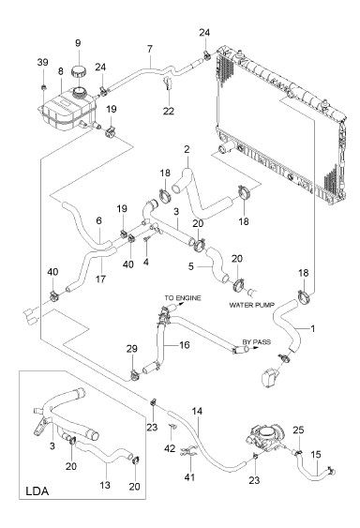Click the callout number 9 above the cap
tap(78, 43)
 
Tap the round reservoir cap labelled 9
tap(79, 71)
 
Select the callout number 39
tap(42, 62)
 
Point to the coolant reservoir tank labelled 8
tap(68, 109)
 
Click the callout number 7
tap(149, 49)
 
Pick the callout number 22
tap(169, 111)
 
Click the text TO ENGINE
tap(183, 297)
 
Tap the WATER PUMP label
tap(252, 305)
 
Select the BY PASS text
tap(257, 341)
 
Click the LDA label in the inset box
tap(37, 491)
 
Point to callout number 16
tap(184, 345)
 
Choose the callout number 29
tap(132, 349)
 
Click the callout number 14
tap(197, 411)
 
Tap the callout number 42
tap(171, 448)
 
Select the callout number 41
tap(190, 476)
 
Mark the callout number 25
tap(298, 430)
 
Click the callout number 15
tap(316, 455)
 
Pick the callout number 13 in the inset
tap(105, 485)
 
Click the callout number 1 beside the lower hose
tap(313, 328)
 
